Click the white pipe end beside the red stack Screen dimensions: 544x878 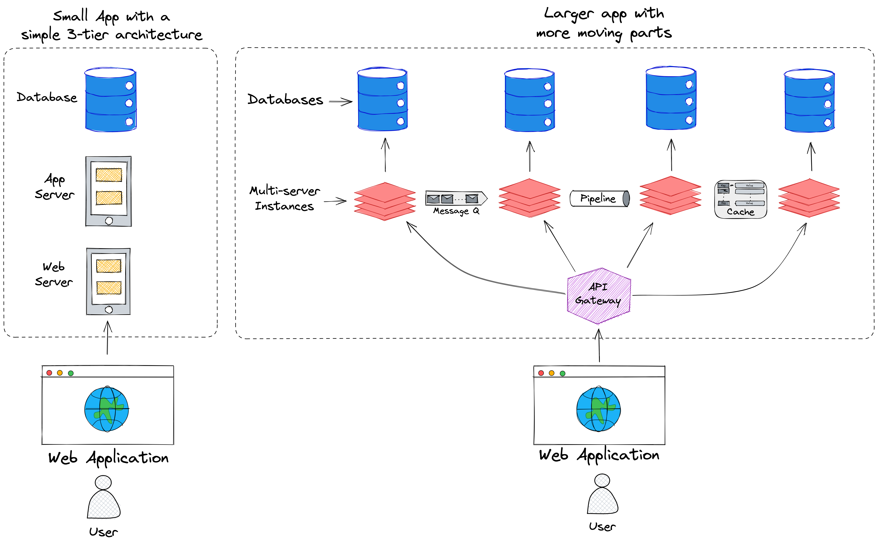pyautogui.click(x=574, y=199)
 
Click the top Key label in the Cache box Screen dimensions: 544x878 pyautogui.click(x=723, y=186)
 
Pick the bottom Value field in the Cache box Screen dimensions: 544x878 pyautogui.click(x=750, y=203)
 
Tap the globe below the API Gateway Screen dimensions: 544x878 pyautogui.click(x=598, y=409)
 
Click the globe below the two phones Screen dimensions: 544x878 pyautogui.click(x=107, y=409)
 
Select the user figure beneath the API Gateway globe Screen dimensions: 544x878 pyautogui.click(x=603, y=495)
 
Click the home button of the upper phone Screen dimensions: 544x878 pyautogui.click(x=109, y=221)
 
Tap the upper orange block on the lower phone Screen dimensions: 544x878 pyautogui.click(x=109, y=266)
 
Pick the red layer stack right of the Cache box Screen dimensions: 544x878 pyautogui.click(x=809, y=198)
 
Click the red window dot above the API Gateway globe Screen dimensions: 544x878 pyautogui.click(x=541, y=373)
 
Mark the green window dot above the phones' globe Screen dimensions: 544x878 pyautogui.click(x=71, y=373)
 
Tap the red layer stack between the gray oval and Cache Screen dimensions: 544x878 pyautogui.click(x=670, y=195)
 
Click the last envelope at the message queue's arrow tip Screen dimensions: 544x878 pyautogui.click(x=472, y=198)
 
